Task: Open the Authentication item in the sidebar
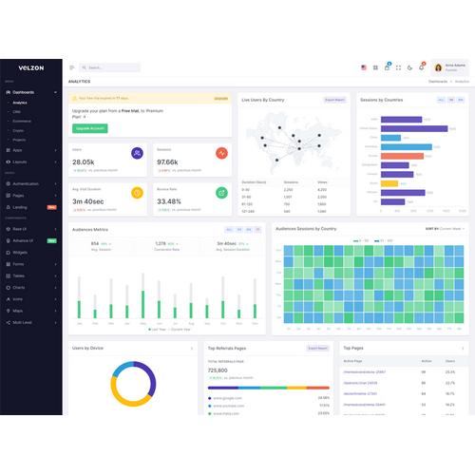pyautogui.click(x=26, y=183)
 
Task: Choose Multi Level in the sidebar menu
pyautogui.click(x=23, y=322)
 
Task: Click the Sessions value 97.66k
pyautogui.click(x=168, y=162)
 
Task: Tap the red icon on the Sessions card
pyautogui.click(x=221, y=154)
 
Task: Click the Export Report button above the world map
pyautogui.click(x=334, y=99)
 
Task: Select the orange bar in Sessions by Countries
pyautogui.click(x=402, y=156)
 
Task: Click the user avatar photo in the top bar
pyautogui.click(x=438, y=67)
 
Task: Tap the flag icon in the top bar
pyautogui.click(x=364, y=67)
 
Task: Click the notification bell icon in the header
pyautogui.click(x=421, y=66)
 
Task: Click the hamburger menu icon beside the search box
pyautogui.click(x=72, y=67)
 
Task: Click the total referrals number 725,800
pyautogui.click(x=218, y=370)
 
